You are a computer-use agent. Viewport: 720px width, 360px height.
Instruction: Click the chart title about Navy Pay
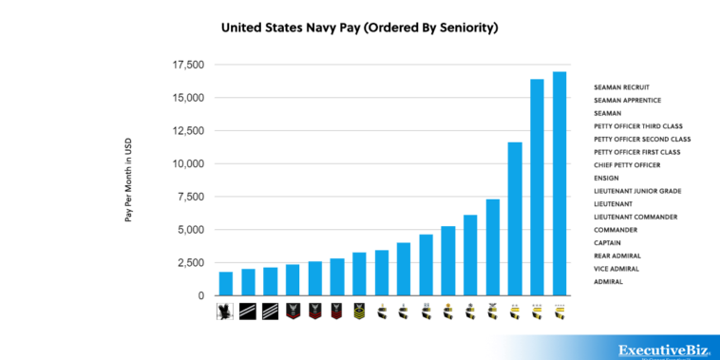pyautogui.click(x=359, y=28)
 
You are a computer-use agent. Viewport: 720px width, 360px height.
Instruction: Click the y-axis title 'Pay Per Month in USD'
pyautogui.click(x=128, y=180)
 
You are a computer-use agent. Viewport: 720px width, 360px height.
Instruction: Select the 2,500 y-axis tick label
pyautogui.click(x=187, y=262)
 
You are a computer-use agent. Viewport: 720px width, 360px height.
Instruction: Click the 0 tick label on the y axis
pyautogui.click(x=199, y=295)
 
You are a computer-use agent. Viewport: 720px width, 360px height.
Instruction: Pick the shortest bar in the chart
pyautogui.click(x=226, y=283)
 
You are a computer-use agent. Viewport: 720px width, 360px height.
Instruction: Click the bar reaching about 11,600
pyautogui.click(x=515, y=218)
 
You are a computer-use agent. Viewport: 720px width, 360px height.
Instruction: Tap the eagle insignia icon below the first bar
pyautogui.click(x=226, y=310)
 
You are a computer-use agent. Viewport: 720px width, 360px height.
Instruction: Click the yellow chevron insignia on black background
pyautogui.click(x=359, y=310)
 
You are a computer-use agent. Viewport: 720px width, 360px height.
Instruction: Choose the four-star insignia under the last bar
pyautogui.click(x=559, y=310)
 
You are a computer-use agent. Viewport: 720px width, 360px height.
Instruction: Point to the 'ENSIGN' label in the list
pyautogui.click(x=608, y=178)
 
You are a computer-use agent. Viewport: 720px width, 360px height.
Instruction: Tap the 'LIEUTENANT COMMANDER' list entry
pyautogui.click(x=635, y=217)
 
